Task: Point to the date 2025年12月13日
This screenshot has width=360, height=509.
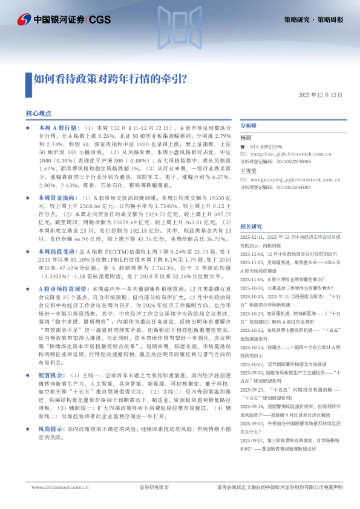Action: [320, 96]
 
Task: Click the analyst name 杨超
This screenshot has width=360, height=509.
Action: [245, 138]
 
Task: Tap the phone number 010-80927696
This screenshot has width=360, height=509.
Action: [267, 147]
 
